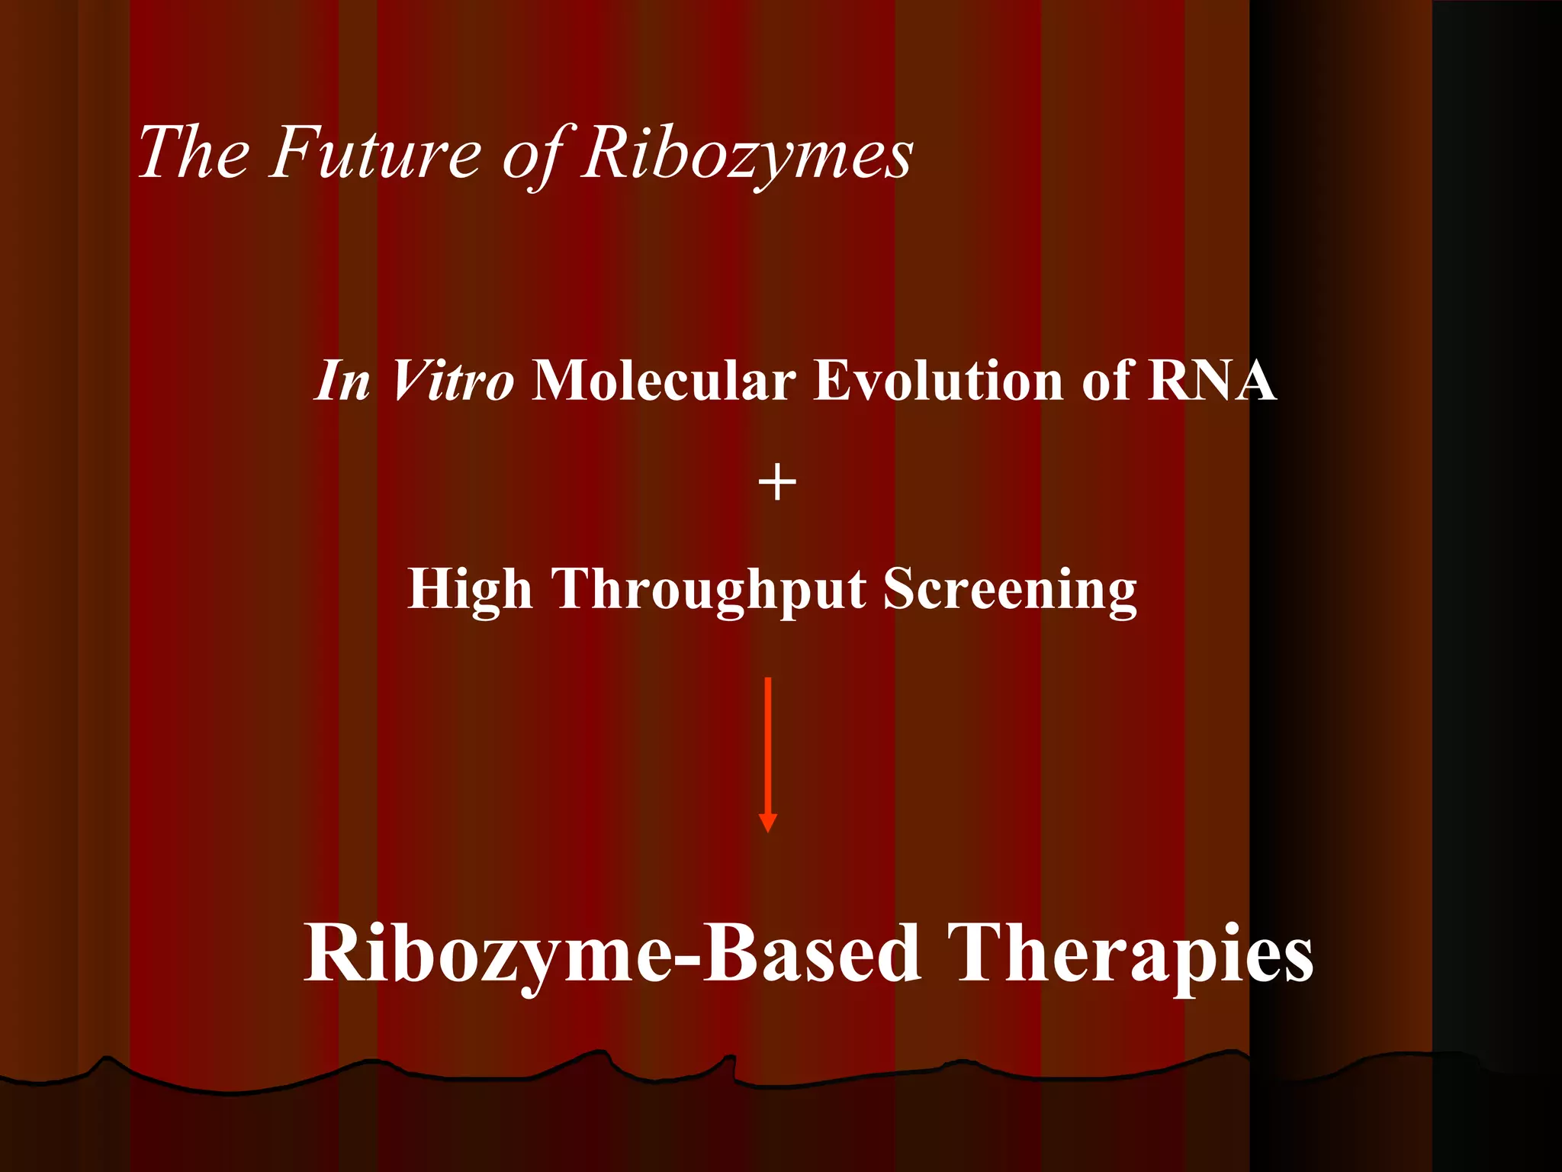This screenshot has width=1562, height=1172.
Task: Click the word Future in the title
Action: (x=375, y=153)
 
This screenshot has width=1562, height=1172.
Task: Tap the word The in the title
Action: (x=194, y=153)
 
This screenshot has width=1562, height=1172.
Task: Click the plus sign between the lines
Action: (x=777, y=484)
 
